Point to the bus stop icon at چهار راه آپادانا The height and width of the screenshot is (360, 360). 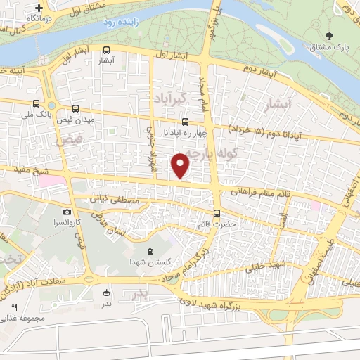coord(185,121)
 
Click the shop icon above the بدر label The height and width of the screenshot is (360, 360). coord(106,292)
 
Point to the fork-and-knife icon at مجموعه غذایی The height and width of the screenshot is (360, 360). coord(14,307)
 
